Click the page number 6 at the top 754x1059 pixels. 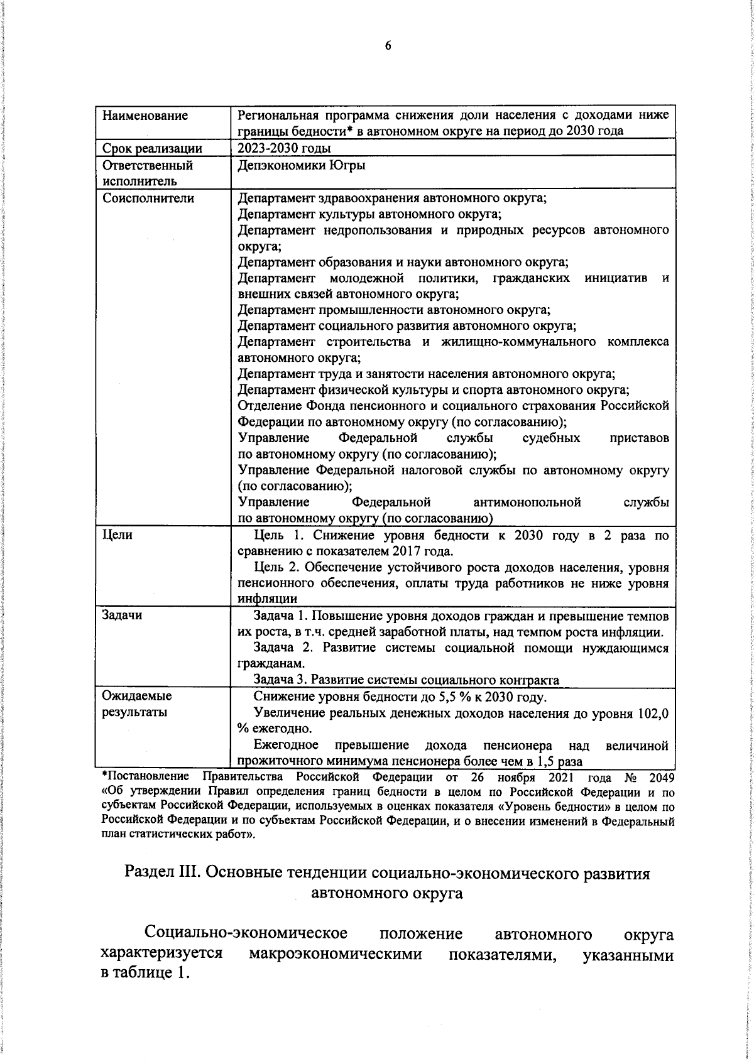pyautogui.click(x=388, y=46)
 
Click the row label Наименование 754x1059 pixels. pyautogui.click(x=145, y=116)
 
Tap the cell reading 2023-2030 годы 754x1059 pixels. pyautogui.click(x=285, y=148)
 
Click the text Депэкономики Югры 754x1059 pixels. pyautogui.click(x=302, y=166)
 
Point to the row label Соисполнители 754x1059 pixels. pyautogui.click(x=148, y=198)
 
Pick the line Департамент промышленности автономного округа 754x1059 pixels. pyautogui.click(x=395, y=310)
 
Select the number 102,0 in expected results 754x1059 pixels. pyautogui.click(x=653, y=713)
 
